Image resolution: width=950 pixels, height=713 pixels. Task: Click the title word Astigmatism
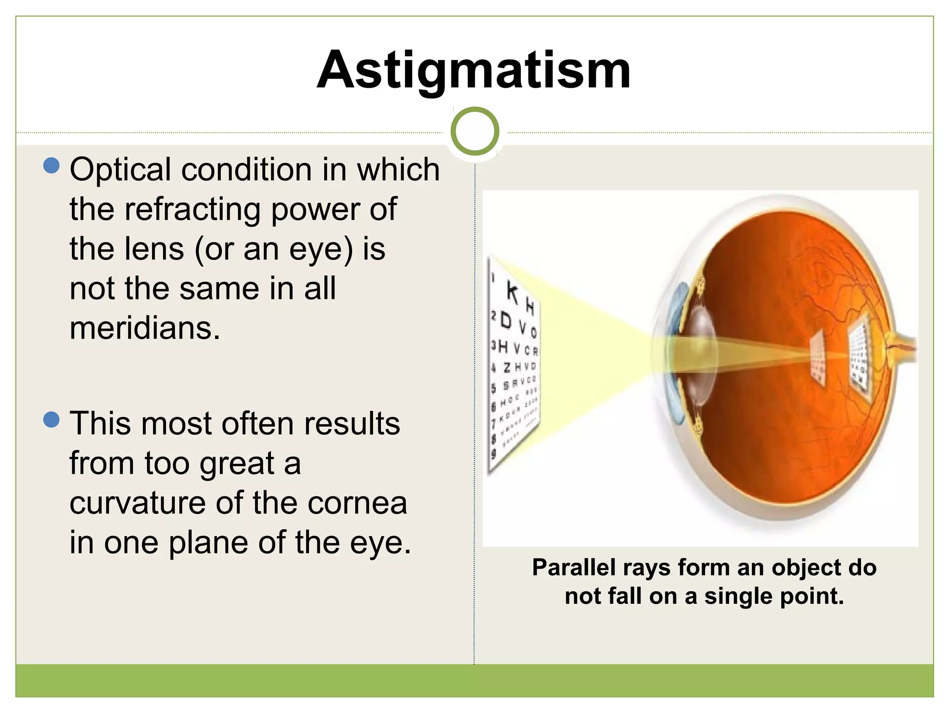coord(474,71)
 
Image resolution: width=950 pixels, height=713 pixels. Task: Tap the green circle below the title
coord(475,131)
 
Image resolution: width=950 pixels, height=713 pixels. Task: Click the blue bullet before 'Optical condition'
coord(51,165)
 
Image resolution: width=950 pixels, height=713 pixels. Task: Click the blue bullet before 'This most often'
coord(51,420)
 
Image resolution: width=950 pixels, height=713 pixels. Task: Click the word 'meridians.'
coord(145,329)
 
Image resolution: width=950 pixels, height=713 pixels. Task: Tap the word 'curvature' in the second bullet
coord(137,503)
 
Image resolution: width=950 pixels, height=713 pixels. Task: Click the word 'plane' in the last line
coord(208,543)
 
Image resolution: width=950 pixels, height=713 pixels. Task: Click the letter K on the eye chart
coord(512,292)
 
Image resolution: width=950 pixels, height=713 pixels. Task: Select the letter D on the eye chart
coord(506,321)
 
